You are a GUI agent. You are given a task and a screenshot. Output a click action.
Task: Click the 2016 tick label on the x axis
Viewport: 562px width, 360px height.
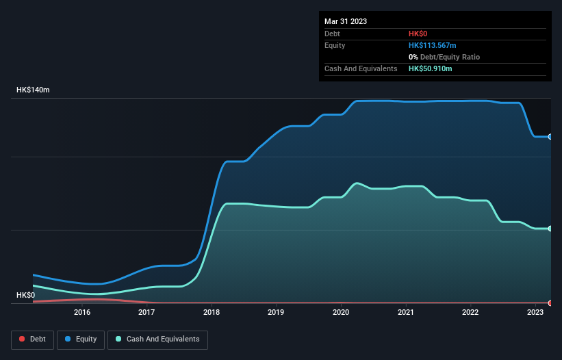click(82, 312)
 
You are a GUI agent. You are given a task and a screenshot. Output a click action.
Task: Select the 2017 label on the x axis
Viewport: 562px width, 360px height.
click(146, 312)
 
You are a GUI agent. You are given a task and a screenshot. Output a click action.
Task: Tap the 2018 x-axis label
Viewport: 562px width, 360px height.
click(212, 312)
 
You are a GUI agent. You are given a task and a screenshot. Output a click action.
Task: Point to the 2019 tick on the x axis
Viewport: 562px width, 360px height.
click(276, 312)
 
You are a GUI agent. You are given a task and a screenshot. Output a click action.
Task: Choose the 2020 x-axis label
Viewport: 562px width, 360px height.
click(341, 312)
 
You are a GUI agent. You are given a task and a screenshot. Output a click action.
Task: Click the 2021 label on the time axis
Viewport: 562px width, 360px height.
click(406, 312)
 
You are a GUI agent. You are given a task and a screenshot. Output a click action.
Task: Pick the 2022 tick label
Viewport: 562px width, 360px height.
click(470, 312)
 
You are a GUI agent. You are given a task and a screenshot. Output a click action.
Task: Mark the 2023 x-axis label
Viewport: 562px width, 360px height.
click(535, 312)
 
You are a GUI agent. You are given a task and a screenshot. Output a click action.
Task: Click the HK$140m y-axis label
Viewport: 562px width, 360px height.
click(34, 90)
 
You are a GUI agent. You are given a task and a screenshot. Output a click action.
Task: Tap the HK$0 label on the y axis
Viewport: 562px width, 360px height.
click(25, 295)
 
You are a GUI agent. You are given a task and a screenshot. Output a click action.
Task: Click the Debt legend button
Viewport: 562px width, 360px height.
click(31, 339)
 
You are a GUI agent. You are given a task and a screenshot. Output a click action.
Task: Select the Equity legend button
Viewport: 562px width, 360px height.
click(81, 339)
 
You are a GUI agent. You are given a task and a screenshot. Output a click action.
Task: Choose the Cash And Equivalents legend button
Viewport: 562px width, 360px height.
click(157, 339)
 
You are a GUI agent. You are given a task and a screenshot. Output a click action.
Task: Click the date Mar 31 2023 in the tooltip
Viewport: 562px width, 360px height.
click(346, 21)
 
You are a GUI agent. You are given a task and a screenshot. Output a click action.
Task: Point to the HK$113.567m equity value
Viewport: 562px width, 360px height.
click(432, 45)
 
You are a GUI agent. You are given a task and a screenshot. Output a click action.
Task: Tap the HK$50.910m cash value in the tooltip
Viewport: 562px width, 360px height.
click(430, 68)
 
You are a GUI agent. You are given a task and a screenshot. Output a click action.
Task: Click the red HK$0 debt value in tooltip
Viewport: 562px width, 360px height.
click(418, 34)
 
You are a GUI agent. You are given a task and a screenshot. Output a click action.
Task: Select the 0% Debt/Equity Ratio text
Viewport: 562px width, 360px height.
click(444, 57)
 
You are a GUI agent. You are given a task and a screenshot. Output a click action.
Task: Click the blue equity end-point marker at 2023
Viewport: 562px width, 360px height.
click(550, 137)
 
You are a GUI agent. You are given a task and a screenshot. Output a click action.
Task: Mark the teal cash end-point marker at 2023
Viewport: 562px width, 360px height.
click(550, 229)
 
